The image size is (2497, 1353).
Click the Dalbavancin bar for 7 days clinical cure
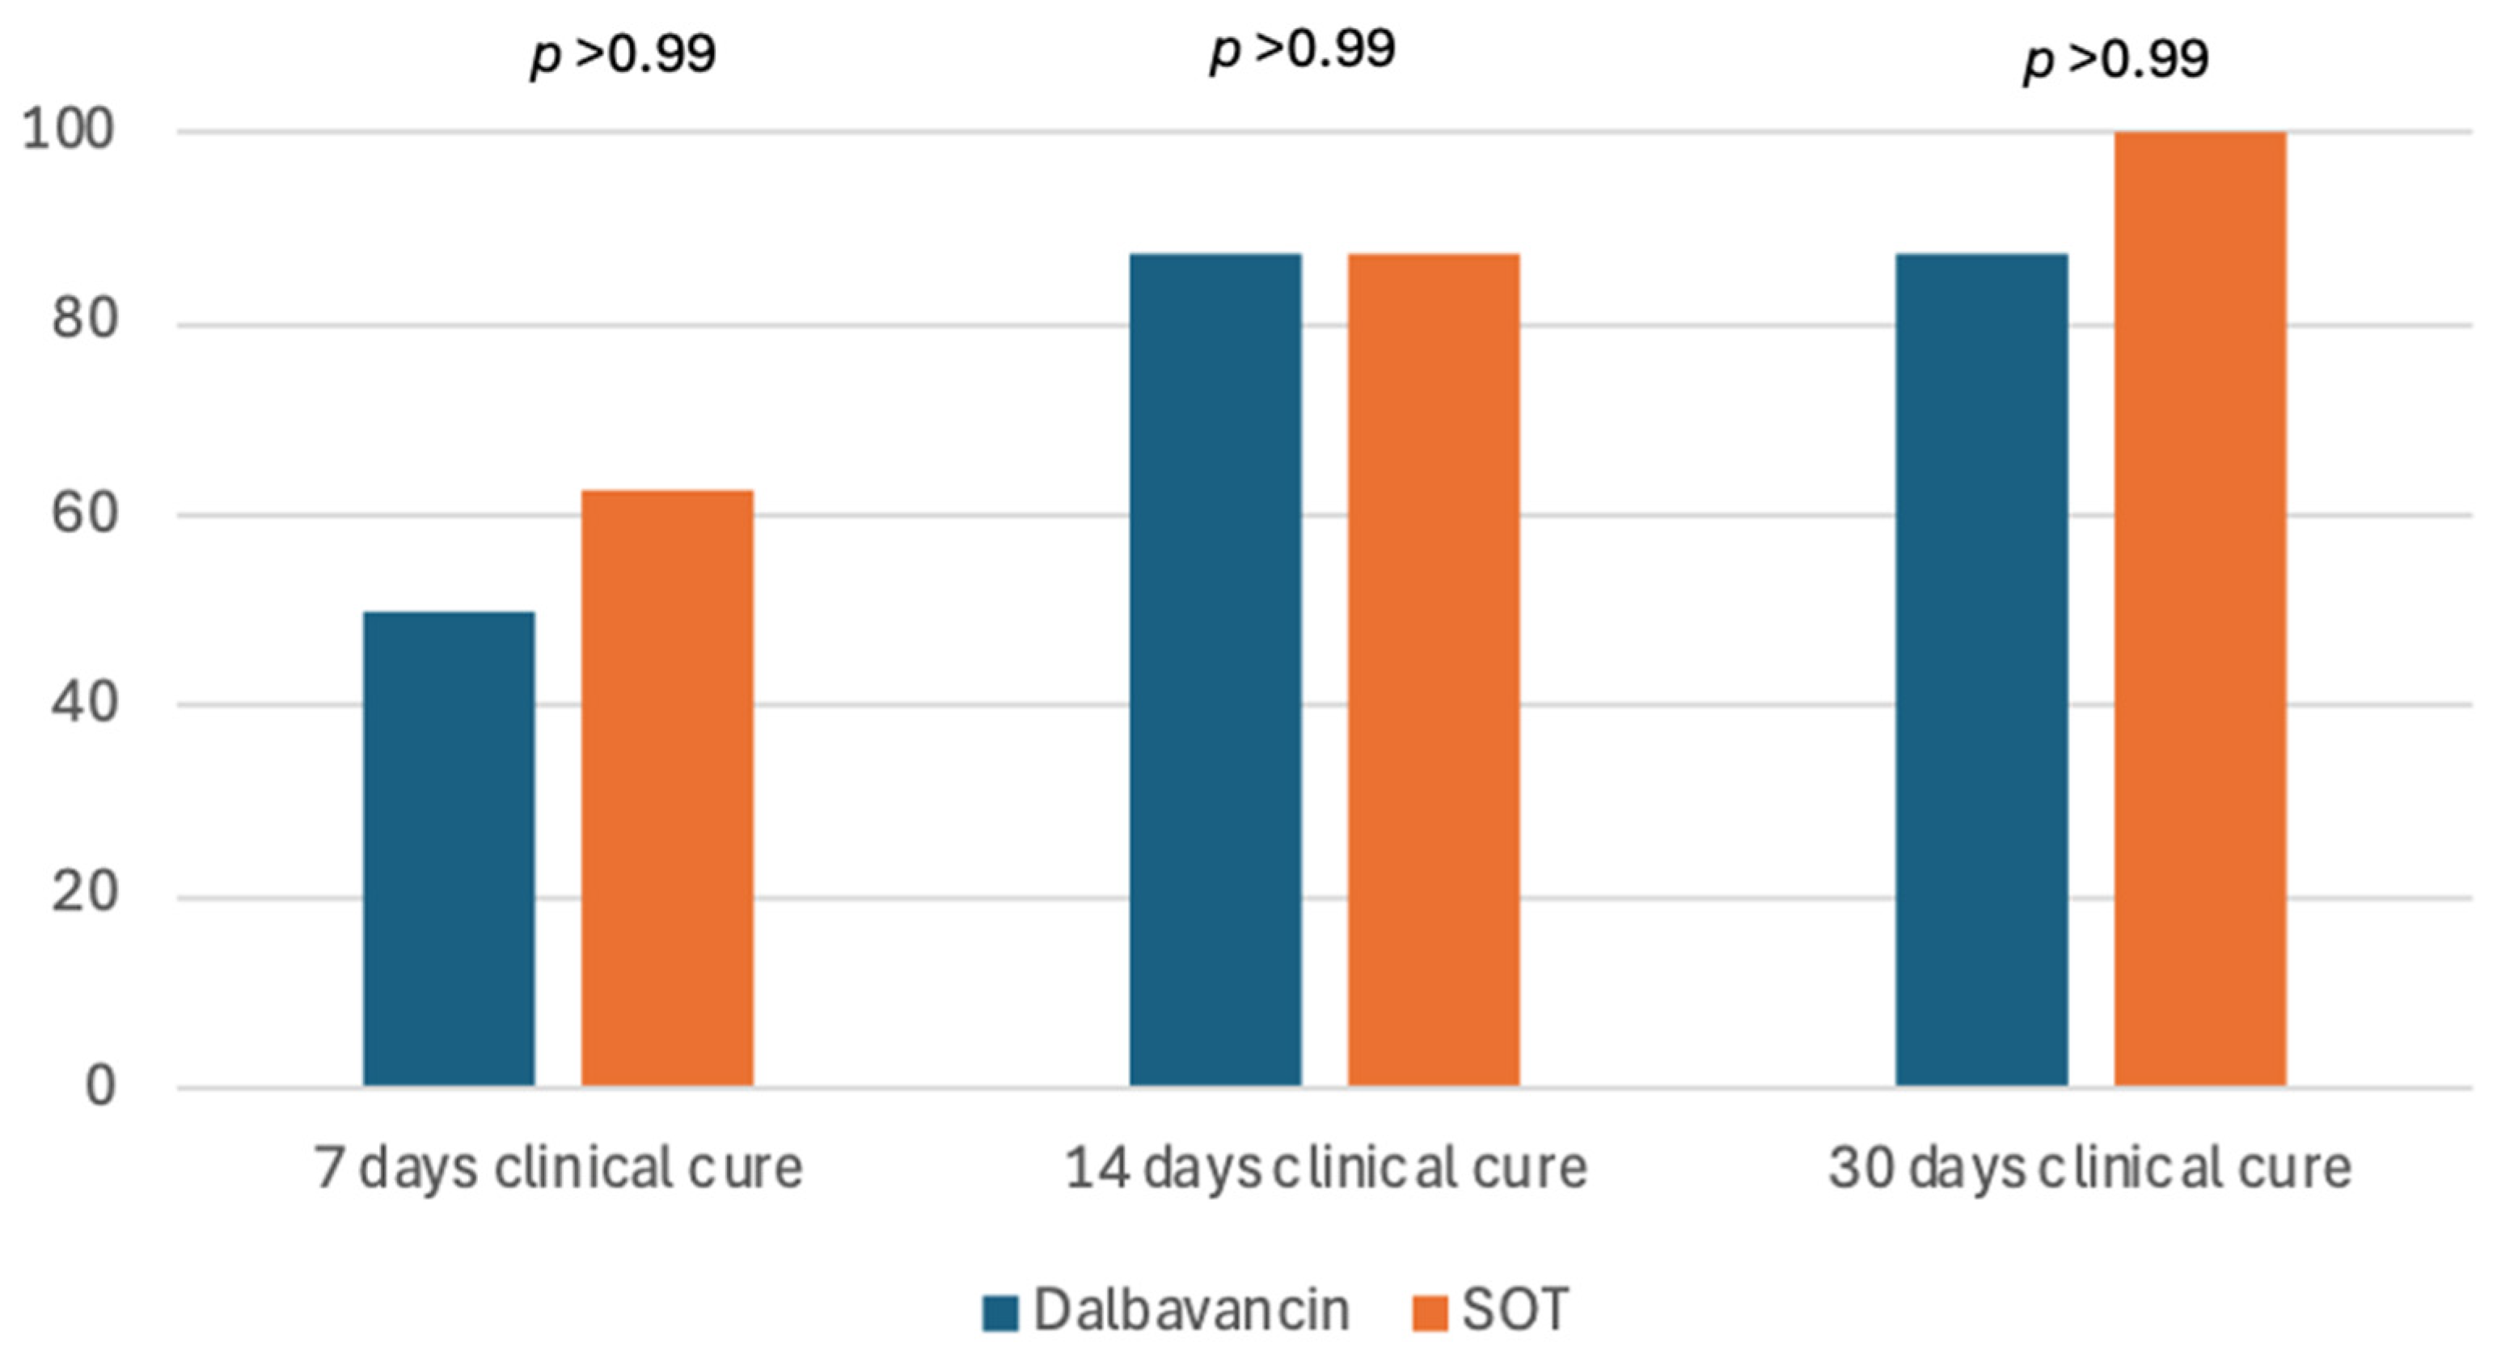[x=449, y=848]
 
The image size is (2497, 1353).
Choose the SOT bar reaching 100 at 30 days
[x=2199, y=609]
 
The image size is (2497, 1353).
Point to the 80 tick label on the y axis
[x=84, y=319]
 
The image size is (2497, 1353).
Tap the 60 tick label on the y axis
[x=84, y=512]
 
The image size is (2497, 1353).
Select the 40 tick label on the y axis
[x=84, y=702]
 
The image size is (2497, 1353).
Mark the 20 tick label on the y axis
[x=84, y=893]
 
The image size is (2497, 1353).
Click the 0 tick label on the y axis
[x=99, y=1085]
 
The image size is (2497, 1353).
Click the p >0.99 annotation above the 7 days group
[x=623, y=53]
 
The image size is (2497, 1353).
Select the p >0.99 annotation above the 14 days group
[x=1302, y=49]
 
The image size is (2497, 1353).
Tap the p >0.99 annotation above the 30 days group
[x=2115, y=59]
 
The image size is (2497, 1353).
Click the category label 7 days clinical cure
[x=558, y=1168]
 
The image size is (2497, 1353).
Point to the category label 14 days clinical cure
[x=1325, y=1168]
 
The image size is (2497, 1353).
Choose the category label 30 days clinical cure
[x=2090, y=1168]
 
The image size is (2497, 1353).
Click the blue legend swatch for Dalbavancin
[x=999, y=1313]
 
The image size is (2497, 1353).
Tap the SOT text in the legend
[x=1514, y=1310]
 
